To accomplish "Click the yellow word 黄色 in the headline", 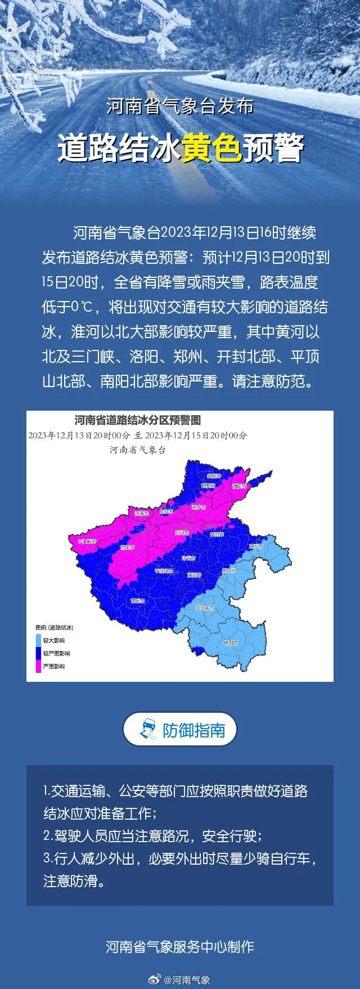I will [211, 148].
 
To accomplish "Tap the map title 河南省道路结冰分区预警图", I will [137, 420].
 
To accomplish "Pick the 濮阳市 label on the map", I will [240, 485].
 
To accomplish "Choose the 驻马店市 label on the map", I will [205, 608].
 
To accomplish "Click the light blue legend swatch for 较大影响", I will [38, 640].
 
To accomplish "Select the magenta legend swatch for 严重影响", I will [38, 666].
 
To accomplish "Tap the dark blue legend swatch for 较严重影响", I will [38, 653].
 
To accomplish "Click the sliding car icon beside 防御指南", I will [147, 730].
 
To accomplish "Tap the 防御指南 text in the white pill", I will [194, 730].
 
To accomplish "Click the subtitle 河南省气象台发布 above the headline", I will [180, 107].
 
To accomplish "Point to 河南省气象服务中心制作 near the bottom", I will [180, 947].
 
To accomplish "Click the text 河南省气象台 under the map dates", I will [137, 450].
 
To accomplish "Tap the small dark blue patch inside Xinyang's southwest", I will [196, 650].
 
